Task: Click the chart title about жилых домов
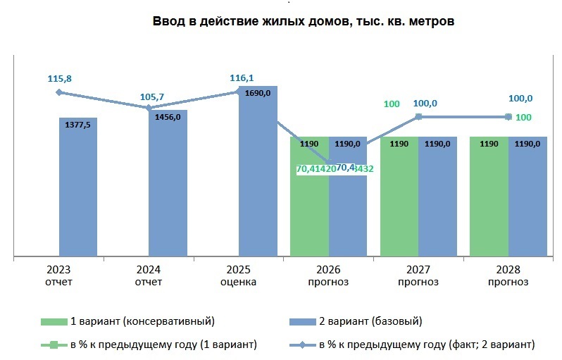304,21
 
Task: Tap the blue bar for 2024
168,183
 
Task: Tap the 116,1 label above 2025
242,78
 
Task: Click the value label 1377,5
77,124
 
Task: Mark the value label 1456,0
168,117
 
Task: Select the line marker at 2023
59,92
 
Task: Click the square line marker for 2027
418,117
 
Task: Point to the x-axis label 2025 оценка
238,276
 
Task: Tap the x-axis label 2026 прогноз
328,276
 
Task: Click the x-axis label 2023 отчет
58,276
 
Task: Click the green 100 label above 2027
392,104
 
